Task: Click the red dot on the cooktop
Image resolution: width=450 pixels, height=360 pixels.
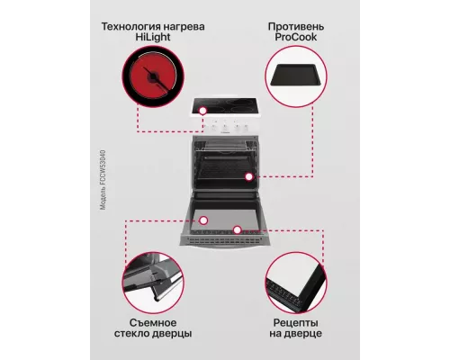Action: coord(204,113)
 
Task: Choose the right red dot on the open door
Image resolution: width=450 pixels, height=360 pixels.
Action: coord(237,230)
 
